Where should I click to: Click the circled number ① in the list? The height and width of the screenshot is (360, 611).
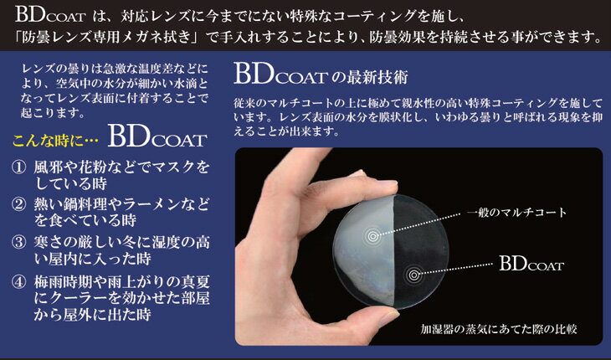pos(18,168)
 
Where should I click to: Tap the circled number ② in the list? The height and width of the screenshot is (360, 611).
pos(18,205)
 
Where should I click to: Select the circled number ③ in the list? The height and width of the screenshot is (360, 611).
pos(18,243)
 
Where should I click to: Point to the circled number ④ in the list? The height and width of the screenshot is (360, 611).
pos(18,281)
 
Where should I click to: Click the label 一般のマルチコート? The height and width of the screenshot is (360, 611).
pos(516,213)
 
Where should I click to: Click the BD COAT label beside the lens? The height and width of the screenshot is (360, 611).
pos(531,264)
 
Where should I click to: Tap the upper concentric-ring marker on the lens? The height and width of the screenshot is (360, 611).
pos(373,236)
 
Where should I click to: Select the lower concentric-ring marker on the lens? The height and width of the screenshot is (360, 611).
pos(413,275)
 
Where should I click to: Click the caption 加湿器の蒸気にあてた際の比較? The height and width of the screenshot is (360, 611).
pos(498,329)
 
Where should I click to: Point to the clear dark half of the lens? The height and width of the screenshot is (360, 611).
pos(421,249)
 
